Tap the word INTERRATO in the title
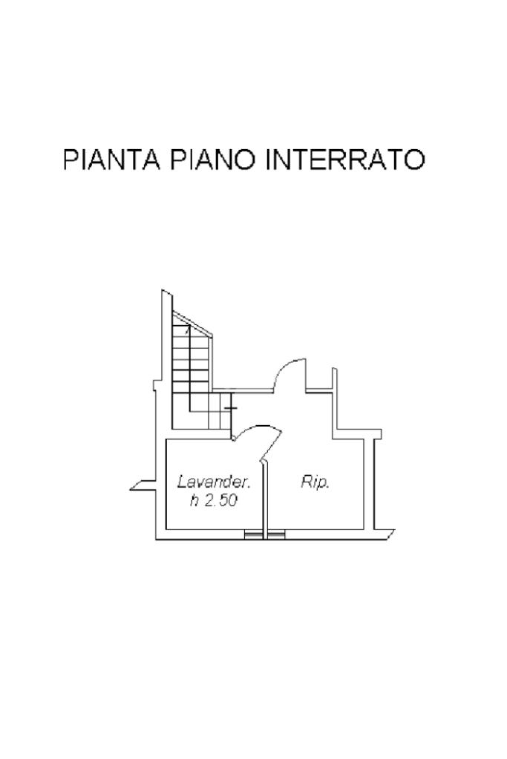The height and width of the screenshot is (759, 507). [x=345, y=160]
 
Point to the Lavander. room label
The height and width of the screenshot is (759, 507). [x=214, y=482]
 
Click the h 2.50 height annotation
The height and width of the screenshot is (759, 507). [x=213, y=501]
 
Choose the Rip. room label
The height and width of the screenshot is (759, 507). [x=315, y=482]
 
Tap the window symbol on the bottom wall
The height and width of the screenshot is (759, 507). [x=264, y=534]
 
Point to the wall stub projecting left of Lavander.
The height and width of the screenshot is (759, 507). [x=141, y=487]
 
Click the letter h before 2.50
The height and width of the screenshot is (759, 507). [x=194, y=501]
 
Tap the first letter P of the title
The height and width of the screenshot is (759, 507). [x=71, y=160]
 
